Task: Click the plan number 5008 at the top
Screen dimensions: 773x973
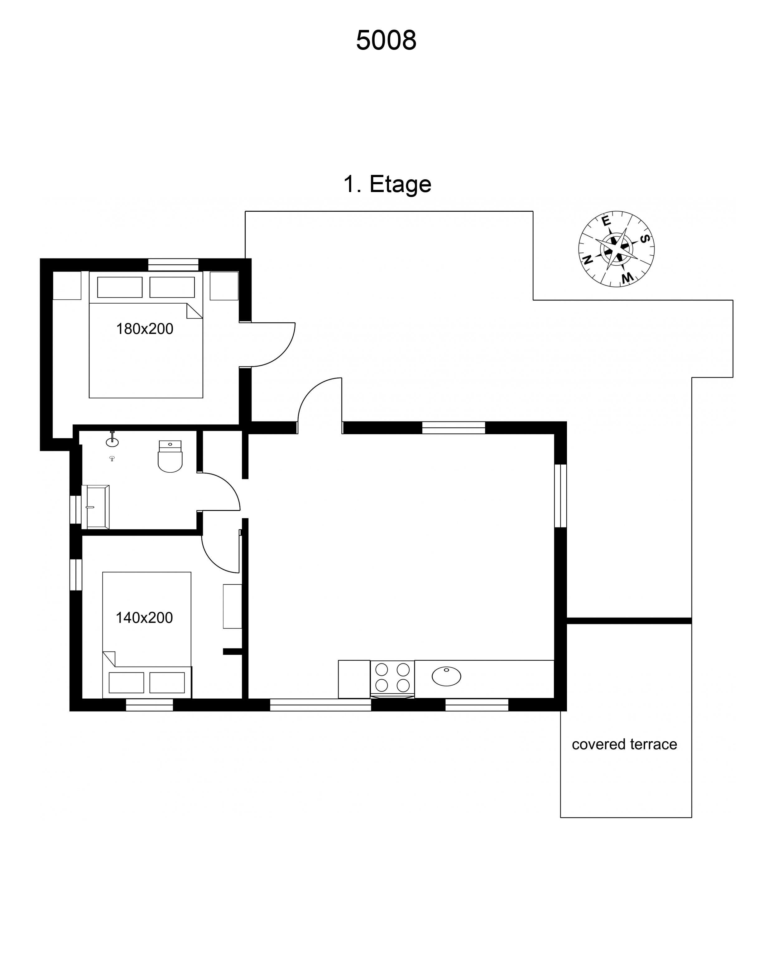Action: (386, 40)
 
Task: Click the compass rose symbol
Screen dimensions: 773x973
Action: (617, 249)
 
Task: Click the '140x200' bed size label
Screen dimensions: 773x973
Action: (144, 618)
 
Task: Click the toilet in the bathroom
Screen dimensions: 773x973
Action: (170, 456)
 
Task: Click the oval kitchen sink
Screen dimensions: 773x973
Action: (446, 677)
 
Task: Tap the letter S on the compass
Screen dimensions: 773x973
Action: (645, 239)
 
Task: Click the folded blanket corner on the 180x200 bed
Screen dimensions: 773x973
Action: (194, 311)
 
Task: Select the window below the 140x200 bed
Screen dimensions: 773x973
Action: (149, 705)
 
